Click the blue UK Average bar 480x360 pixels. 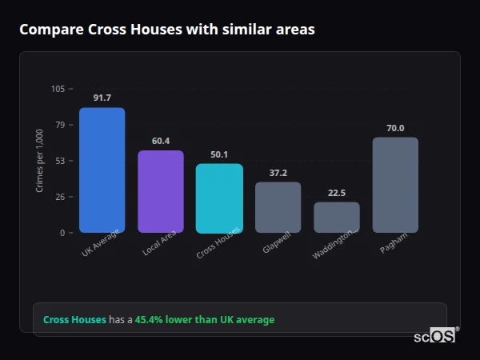pyautogui.click(x=102, y=170)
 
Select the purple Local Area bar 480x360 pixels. pyautogui.click(x=161, y=192)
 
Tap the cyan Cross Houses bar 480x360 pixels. pyautogui.click(x=219, y=198)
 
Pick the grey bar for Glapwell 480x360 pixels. pyautogui.click(x=278, y=207)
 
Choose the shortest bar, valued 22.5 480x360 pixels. pyautogui.click(x=337, y=217)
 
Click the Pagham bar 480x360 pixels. pyautogui.click(x=395, y=185)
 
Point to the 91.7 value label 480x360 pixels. pyautogui.click(x=102, y=98)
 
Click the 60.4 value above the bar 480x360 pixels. pyautogui.click(x=161, y=141)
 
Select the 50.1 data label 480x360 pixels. pyautogui.click(x=219, y=154)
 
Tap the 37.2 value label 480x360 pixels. pyautogui.click(x=278, y=173)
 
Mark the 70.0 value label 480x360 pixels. pyautogui.click(x=395, y=128)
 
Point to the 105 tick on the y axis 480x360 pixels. pyautogui.click(x=58, y=89)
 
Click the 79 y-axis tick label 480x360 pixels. pyautogui.click(x=61, y=125)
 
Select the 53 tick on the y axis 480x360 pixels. pyautogui.click(x=61, y=161)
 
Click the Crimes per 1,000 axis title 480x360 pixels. pyautogui.click(x=40, y=161)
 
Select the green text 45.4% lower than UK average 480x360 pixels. pyautogui.click(x=204, y=320)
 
